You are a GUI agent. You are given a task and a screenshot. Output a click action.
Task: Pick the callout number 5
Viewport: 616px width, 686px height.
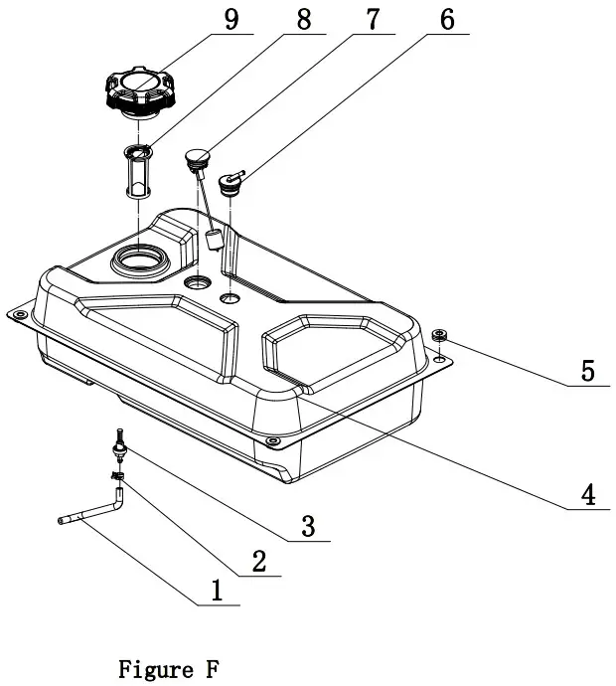pyautogui.click(x=587, y=371)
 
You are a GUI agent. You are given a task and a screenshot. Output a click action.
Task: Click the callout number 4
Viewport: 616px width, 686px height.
pyautogui.click(x=587, y=493)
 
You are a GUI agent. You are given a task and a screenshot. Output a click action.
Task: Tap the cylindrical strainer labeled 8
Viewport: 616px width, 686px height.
pyautogui.click(x=136, y=174)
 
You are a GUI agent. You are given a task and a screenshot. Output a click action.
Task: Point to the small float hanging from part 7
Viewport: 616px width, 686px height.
pyautogui.click(x=212, y=238)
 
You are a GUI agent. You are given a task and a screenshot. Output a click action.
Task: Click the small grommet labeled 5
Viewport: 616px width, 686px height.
pyautogui.click(x=439, y=334)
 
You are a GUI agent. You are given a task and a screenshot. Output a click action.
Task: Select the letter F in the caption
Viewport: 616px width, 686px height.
pyautogui.click(x=212, y=669)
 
